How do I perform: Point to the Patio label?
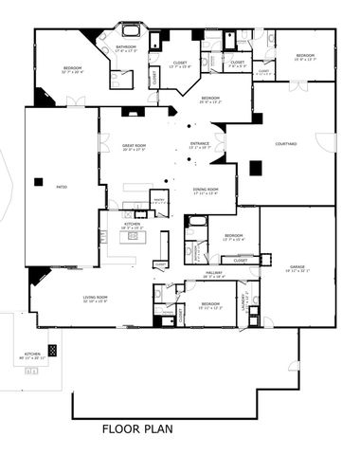(62, 187)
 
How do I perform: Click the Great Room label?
(134, 147)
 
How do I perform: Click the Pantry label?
(159, 200)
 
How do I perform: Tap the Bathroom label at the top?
(128, 46)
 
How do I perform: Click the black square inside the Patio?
(38, 181)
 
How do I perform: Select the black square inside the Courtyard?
(255, 168)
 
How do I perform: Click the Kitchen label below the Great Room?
(132, 226)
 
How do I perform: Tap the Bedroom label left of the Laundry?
(209, 306)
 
